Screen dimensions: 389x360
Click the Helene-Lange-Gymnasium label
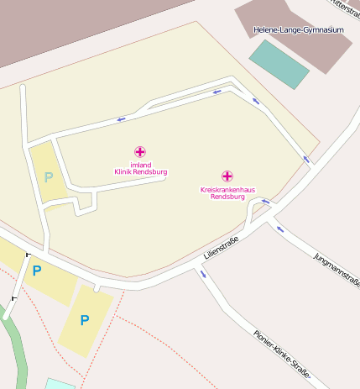point(299,30)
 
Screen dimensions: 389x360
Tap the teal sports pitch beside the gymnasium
point(279,64)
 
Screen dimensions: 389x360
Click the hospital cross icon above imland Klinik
point(140,152)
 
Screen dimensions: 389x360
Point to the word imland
point(140,165)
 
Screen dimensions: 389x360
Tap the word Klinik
point(125,172)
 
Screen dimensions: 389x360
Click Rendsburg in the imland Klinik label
point(151,172)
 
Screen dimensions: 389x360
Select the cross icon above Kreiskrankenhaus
point(227,176)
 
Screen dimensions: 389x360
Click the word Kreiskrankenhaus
point(227,190)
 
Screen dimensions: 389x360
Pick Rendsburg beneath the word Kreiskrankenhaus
point(227,197)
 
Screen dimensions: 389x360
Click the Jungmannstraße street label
point(336,269)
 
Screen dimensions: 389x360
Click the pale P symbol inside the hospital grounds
point(49,177)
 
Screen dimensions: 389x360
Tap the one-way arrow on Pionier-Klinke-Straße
point(202,274)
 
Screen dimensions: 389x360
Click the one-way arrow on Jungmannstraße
point(280,229)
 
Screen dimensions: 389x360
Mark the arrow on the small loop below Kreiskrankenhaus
point(266,202)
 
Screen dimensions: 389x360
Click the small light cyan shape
point(59,384)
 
